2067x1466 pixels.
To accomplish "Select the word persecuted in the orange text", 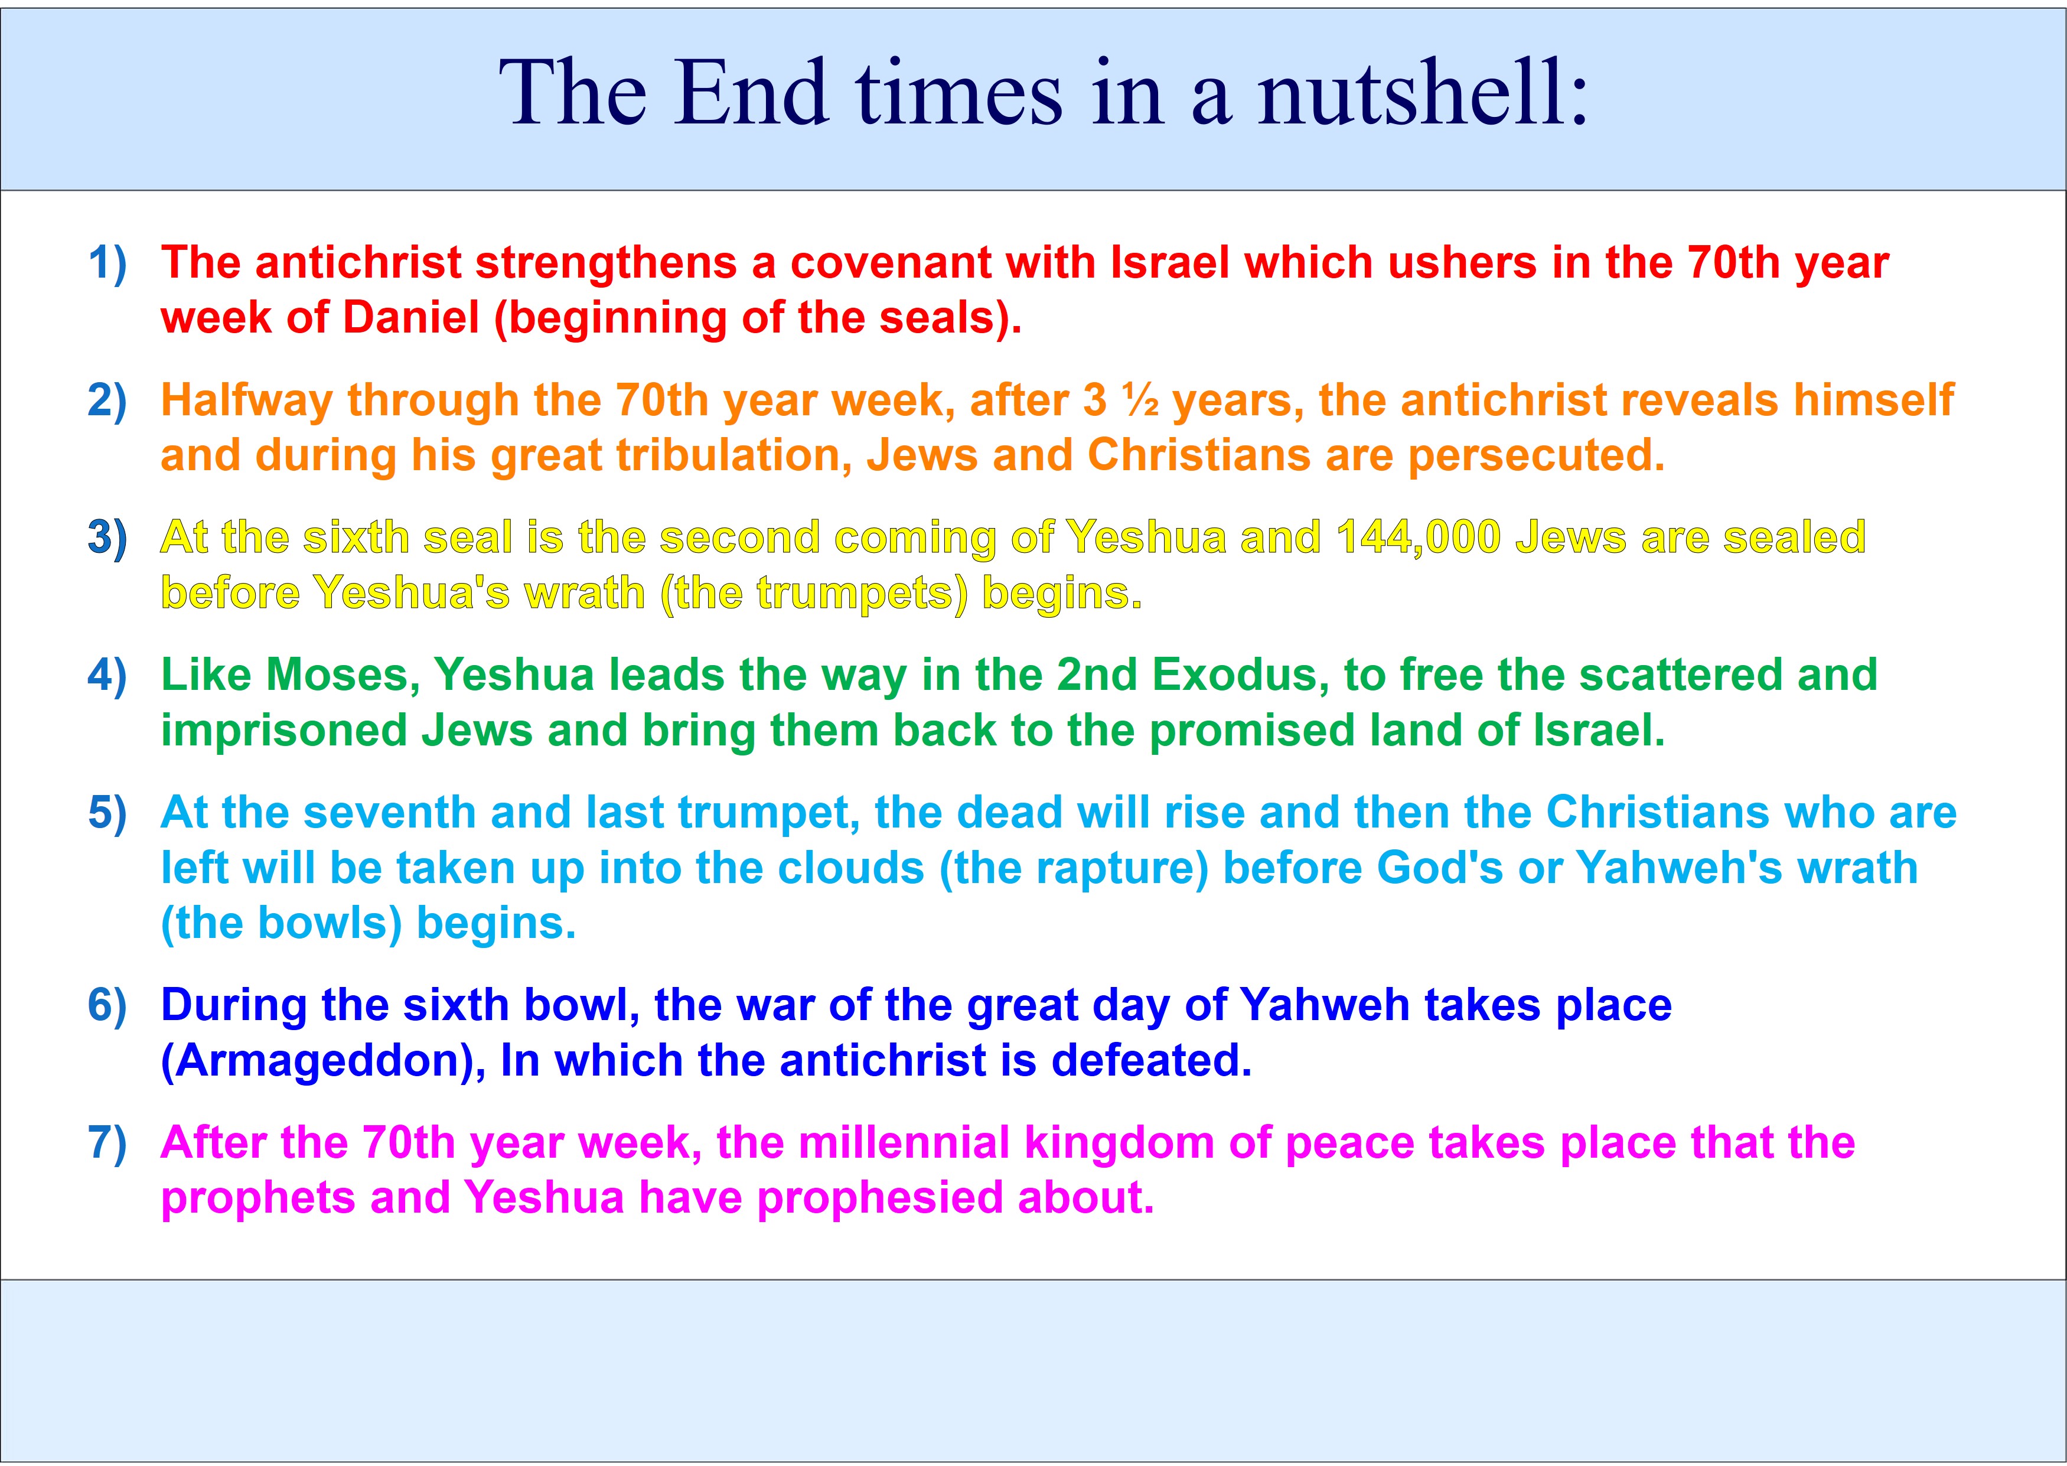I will (x=1535, y=455).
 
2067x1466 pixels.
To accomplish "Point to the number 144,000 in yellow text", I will (x=1418, y=538).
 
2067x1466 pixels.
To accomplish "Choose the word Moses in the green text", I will (x=342, y=675).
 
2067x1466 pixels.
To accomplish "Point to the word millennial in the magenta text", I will (x=904, y=1143).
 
